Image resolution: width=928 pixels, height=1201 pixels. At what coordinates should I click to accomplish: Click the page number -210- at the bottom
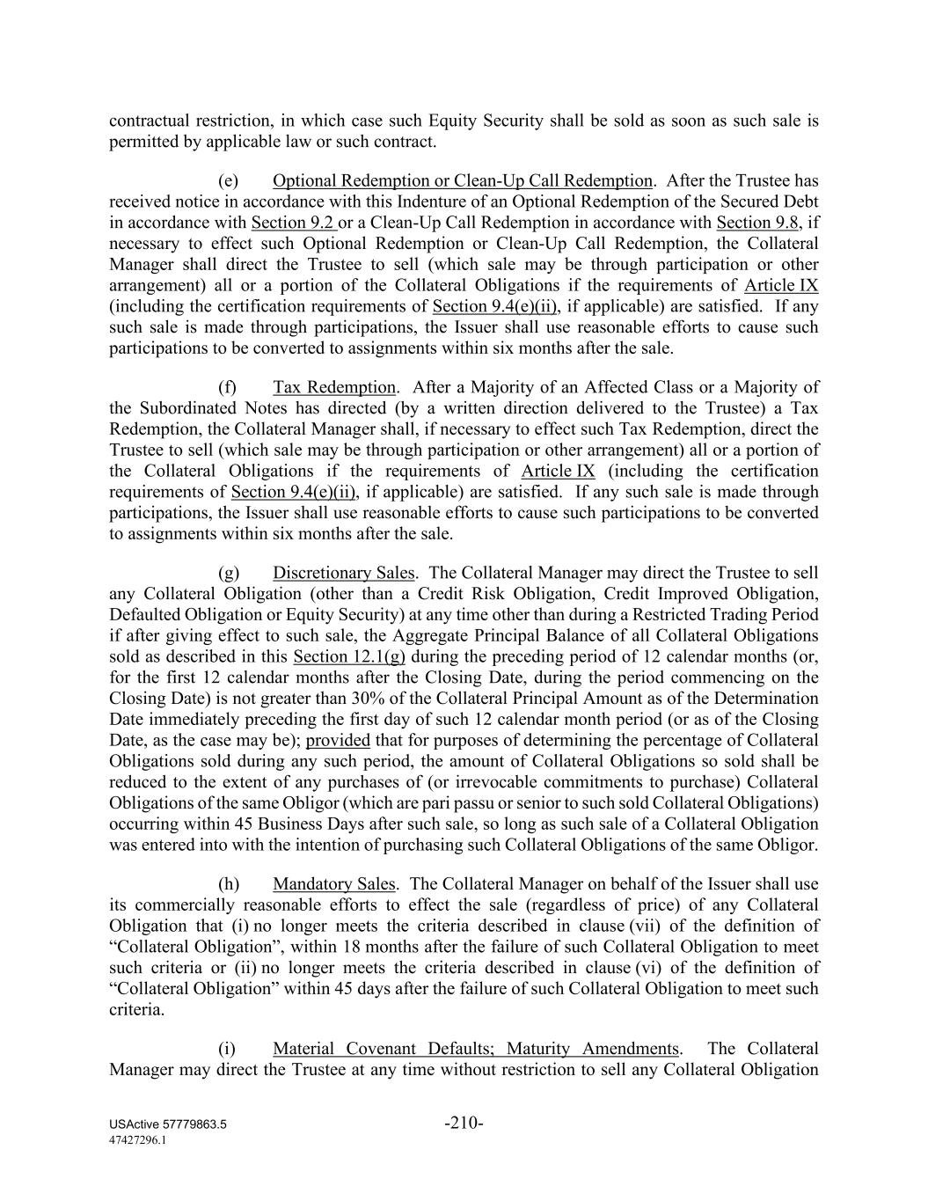[x=464, y=1123]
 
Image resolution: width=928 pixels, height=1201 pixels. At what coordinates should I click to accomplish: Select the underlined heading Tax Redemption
[x=334, y=387]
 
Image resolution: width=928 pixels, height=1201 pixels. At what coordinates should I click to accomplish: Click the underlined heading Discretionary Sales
[x=343, y=573]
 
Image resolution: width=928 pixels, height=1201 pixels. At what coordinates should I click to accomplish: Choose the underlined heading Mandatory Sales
[x=334, y=884]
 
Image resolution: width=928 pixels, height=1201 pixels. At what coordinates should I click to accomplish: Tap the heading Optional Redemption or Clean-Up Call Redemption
[x=463, y=181]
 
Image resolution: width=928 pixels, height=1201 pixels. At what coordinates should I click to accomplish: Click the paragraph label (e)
[x=229, y=181]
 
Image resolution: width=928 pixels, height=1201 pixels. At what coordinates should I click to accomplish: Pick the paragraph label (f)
[x=228, y=387]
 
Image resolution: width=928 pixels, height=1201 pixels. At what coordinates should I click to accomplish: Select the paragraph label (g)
[x=229, y=573]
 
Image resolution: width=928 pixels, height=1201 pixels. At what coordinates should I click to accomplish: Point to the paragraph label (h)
[x=229, y=884]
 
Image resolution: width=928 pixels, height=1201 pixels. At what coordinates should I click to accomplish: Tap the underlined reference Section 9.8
[x=757, y=223]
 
